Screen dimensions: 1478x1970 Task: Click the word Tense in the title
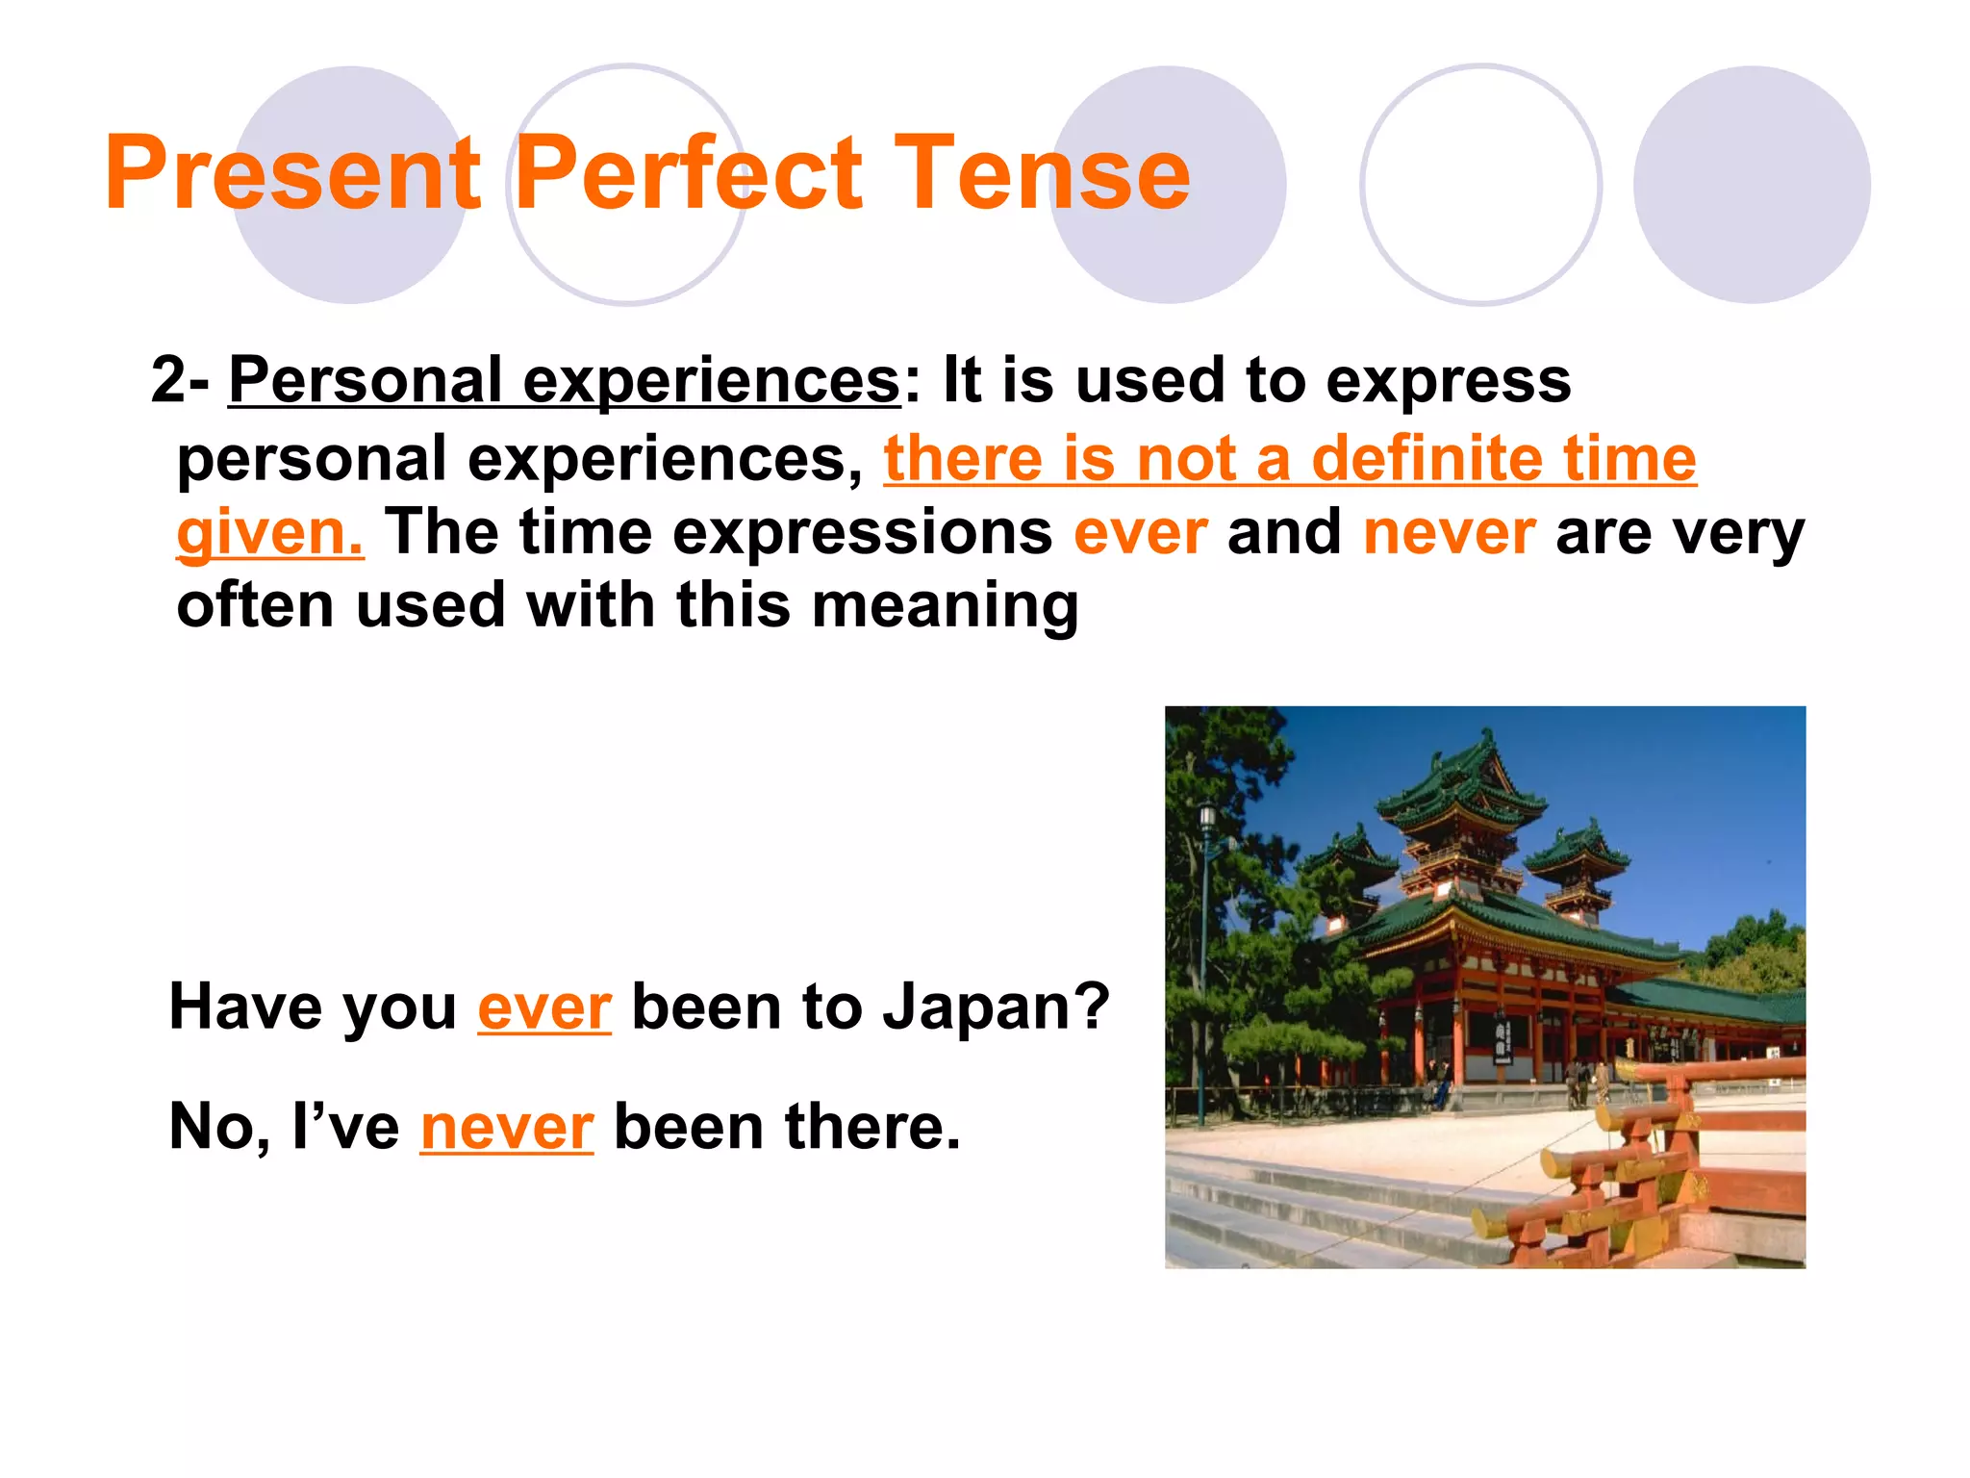[x=1042, y=173]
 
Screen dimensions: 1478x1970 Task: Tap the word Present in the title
[x=292, y=173]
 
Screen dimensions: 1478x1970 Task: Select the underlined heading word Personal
[x=366, y=381]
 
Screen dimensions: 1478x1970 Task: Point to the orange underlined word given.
[x=269, y=533]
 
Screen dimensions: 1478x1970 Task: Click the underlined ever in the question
[x=543, y=1008]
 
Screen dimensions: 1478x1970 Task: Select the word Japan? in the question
[x=997, y=1008]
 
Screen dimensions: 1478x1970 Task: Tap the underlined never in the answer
[x=507, y=1128]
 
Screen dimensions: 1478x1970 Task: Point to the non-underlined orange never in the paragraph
[x=1449, y=533]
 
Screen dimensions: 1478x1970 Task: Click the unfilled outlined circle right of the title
[x=1480, y=185]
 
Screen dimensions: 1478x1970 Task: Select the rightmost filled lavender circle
[x=1751, y=185]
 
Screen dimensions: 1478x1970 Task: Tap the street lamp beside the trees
[x=1206, y=828]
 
